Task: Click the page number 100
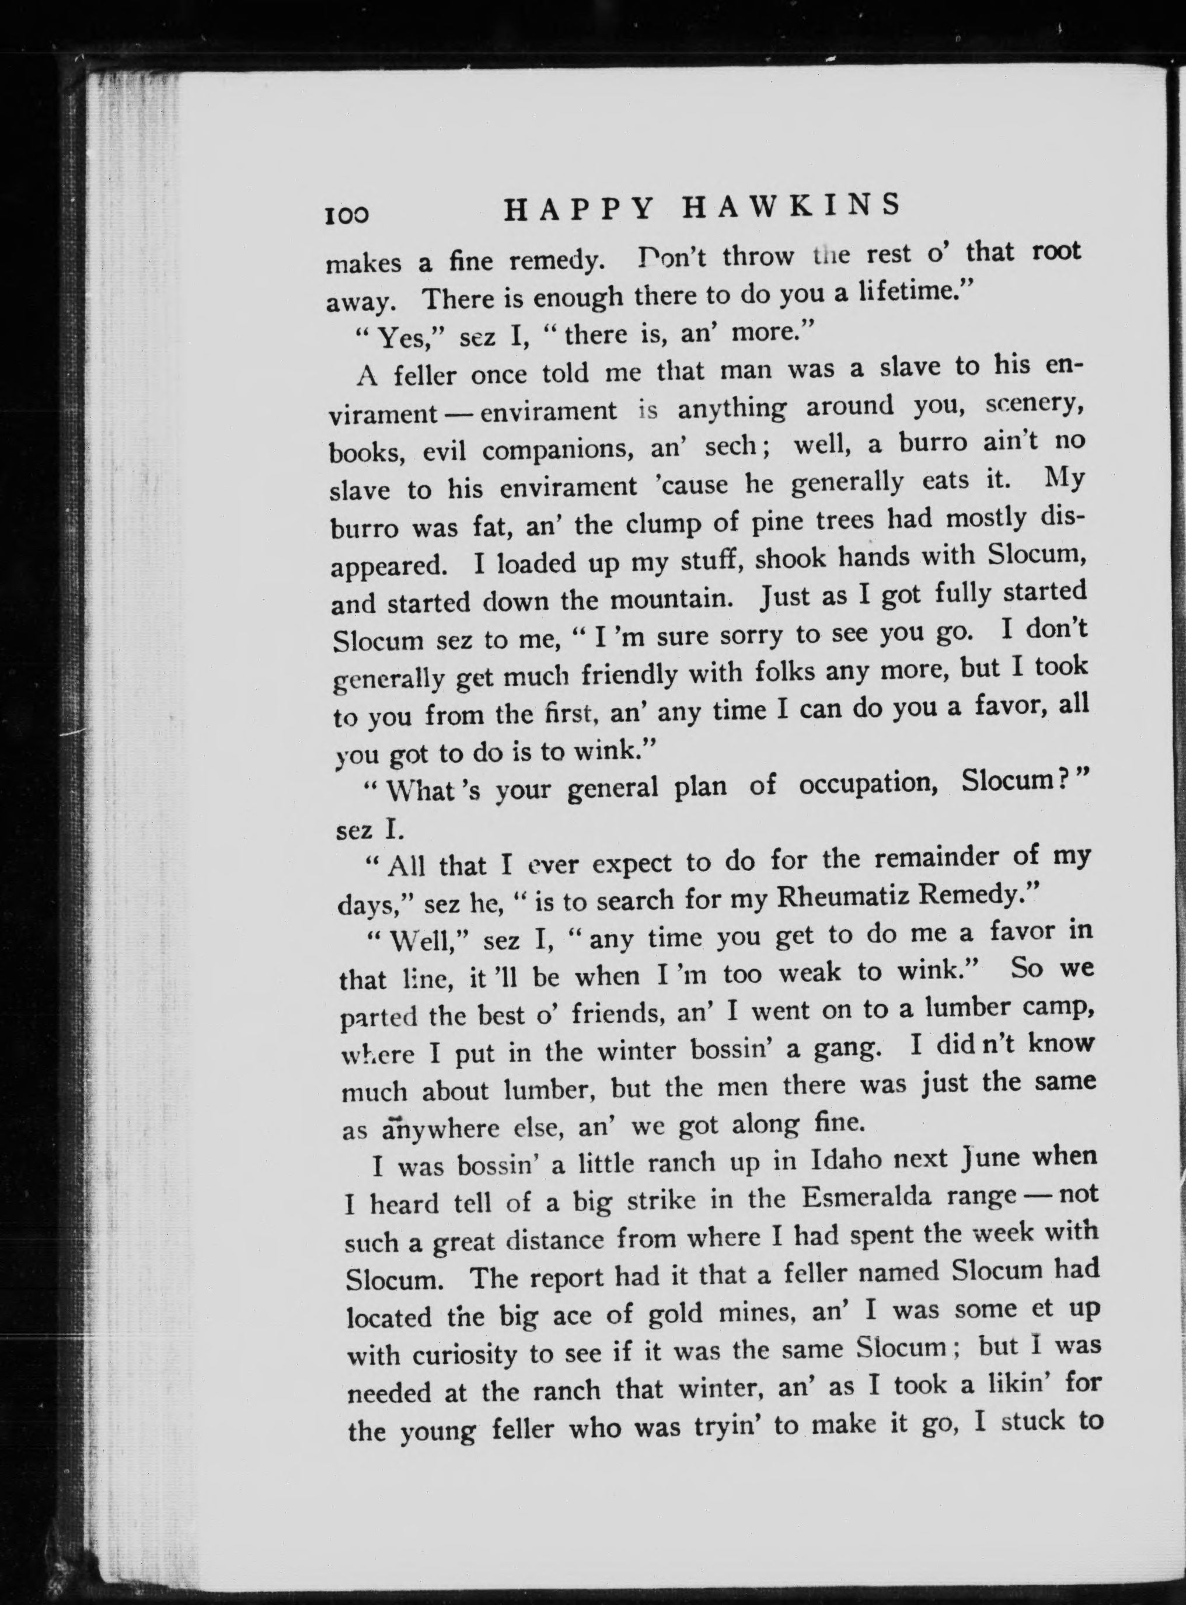(347, 215)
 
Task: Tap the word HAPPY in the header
(578, 210)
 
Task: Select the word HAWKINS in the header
(790, 206)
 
